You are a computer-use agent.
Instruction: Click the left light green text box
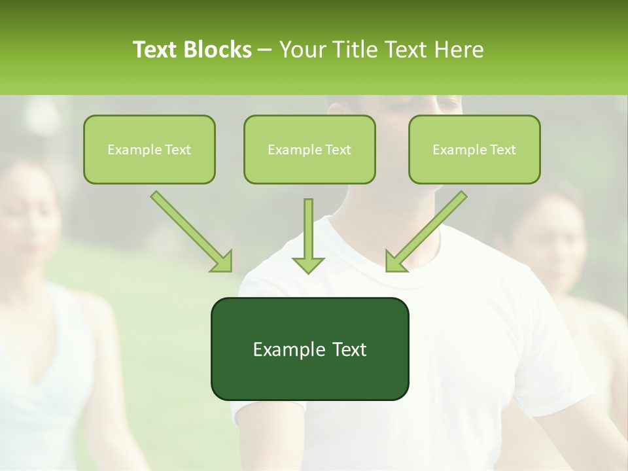(149, 149)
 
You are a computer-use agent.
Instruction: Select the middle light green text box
(309, 149)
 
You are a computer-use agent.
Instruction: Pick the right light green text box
(474, 149)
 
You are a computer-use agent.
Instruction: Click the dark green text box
(309, 349)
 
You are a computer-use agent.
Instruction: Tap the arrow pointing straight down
(308, 235)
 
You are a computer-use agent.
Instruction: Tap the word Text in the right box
(502, 150)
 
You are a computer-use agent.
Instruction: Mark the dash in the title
(265, 50)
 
